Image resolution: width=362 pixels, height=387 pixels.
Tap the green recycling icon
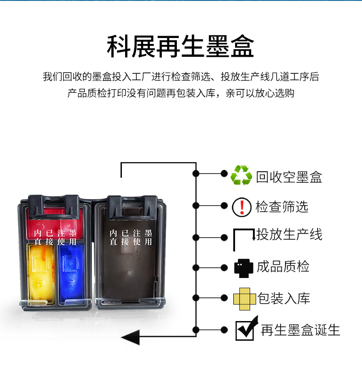coord(241,176)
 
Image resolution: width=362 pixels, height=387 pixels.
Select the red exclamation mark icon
coord(241,207)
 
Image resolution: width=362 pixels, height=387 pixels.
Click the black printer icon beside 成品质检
coord(243,267)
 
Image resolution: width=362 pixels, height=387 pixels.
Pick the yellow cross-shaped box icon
coord(244,299)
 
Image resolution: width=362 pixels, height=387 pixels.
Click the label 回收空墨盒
coord(289,177)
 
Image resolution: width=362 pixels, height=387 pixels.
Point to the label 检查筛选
coord(282,207)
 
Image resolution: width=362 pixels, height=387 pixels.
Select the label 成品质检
coord(283,267)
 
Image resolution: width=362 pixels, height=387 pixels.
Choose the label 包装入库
coord(284,299)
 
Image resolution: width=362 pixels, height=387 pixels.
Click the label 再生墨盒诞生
coord(301,330)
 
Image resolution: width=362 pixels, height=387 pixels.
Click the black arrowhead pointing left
coord(130,338)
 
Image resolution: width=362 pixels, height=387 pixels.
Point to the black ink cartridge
coord(129,256)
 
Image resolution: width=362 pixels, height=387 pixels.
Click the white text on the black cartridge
coord(131,238)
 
